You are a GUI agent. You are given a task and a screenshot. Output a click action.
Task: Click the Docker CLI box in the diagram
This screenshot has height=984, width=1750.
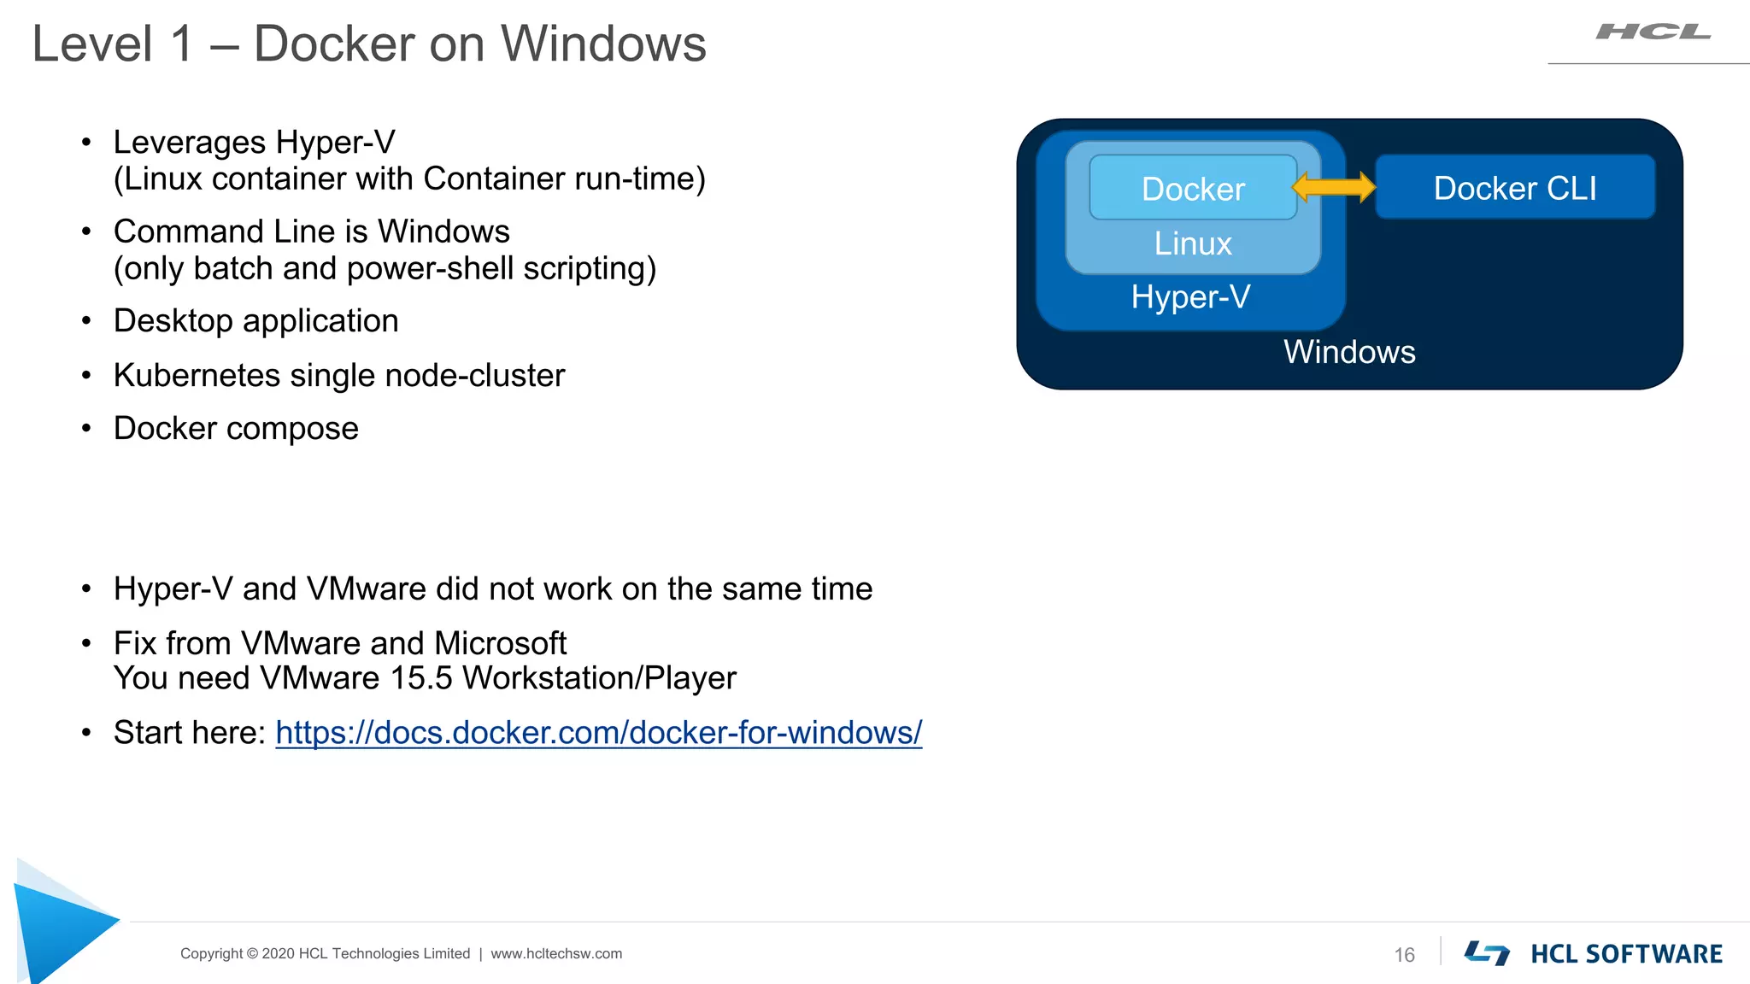1514,187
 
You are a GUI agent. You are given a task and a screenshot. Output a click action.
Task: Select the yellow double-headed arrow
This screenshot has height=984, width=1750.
1334,186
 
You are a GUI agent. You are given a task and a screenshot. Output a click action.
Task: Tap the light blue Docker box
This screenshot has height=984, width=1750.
1193,188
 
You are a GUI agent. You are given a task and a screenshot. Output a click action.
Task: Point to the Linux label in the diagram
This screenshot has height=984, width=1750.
1193,243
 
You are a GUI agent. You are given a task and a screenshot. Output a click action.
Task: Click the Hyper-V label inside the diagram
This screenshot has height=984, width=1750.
1190,297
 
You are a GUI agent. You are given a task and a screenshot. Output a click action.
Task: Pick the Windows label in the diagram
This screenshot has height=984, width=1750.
1349,352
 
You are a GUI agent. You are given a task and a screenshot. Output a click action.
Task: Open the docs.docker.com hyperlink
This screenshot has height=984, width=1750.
598,733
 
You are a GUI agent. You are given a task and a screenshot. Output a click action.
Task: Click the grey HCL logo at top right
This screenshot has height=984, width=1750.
1653,32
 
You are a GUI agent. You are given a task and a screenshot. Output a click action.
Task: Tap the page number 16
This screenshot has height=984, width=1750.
1404,955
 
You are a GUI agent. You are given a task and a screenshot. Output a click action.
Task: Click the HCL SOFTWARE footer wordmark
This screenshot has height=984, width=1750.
1625,954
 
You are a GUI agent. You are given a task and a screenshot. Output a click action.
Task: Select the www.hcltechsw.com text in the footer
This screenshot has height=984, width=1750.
556,954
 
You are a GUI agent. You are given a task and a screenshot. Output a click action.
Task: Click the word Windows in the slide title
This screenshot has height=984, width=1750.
603,44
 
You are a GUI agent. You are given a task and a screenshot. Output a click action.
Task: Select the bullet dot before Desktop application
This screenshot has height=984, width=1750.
86,321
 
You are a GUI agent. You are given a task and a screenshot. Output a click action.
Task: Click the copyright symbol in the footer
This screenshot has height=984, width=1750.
252,954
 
